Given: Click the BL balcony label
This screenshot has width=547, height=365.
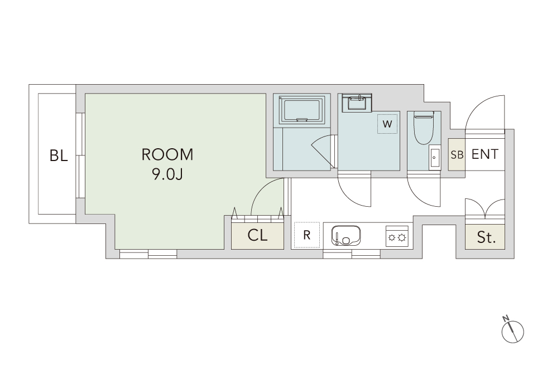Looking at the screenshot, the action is point(59,155).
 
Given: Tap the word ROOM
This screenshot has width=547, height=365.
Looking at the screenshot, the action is point(167,155).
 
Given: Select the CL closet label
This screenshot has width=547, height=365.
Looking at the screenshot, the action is point(257,235).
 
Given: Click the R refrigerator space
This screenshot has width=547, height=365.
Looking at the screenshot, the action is point(306,235).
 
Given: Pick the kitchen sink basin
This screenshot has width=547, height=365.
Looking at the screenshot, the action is point(346,235).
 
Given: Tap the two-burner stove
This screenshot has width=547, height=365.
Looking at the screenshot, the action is point(397,236).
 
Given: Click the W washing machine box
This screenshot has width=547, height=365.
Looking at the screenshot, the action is point(387,124).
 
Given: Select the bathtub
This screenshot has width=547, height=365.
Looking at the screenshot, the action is point(302,109).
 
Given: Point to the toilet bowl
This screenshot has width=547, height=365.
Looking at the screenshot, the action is point(423,128).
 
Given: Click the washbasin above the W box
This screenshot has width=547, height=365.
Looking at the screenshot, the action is point(357,103).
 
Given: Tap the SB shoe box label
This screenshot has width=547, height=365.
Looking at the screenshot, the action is point(457,155).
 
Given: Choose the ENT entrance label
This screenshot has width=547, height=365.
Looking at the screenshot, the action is point(485,154).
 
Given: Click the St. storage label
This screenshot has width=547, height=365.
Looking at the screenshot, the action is point(486,237).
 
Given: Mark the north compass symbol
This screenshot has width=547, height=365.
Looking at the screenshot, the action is point(512,330).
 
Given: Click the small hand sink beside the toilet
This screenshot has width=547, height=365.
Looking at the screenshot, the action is point(435,157).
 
